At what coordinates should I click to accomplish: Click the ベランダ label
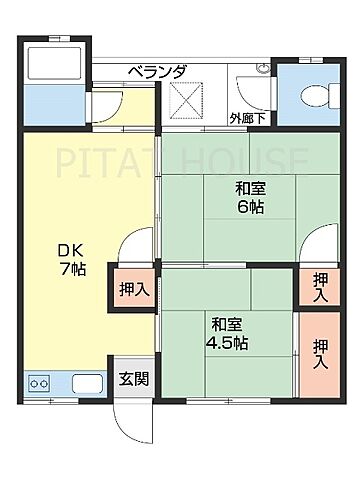tap(157, 71)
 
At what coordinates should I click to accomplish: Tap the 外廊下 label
tap(247, 117)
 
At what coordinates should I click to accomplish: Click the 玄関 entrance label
tap(134, 379)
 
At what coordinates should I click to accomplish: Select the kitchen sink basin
tap(83, 383)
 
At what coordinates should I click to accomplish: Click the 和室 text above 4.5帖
tap(226, 324)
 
